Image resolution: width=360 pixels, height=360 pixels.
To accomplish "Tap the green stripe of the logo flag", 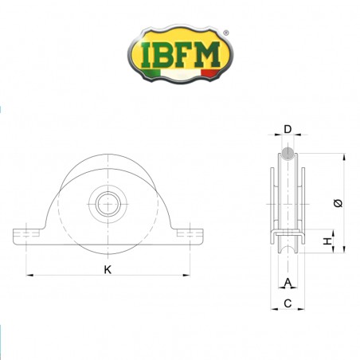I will click(149, 76).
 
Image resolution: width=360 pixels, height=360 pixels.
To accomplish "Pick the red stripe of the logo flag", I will click(209, 73).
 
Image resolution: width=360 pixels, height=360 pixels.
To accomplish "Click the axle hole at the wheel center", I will click(107, 203).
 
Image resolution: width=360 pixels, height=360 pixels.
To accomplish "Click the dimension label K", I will click(108, 269).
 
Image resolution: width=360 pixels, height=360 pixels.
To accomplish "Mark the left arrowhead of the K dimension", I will click(30, 276).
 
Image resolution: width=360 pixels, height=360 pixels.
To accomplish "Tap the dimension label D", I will click(288, 128).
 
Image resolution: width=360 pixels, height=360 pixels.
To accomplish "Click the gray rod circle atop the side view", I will click(288, 154).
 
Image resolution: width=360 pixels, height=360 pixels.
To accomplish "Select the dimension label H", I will click(327, 241).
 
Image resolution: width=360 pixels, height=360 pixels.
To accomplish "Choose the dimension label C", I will click(288, 303).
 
